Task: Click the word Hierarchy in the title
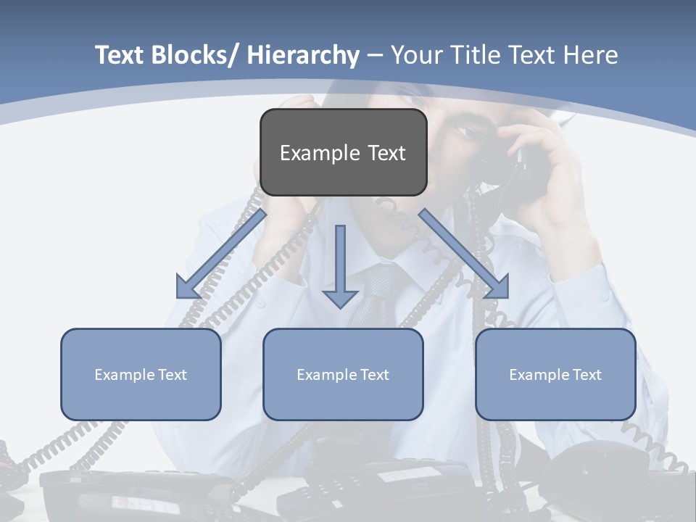[302, 55]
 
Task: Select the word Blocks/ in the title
[194, 55]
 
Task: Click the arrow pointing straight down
[340, 268]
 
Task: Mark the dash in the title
[375, 55]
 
